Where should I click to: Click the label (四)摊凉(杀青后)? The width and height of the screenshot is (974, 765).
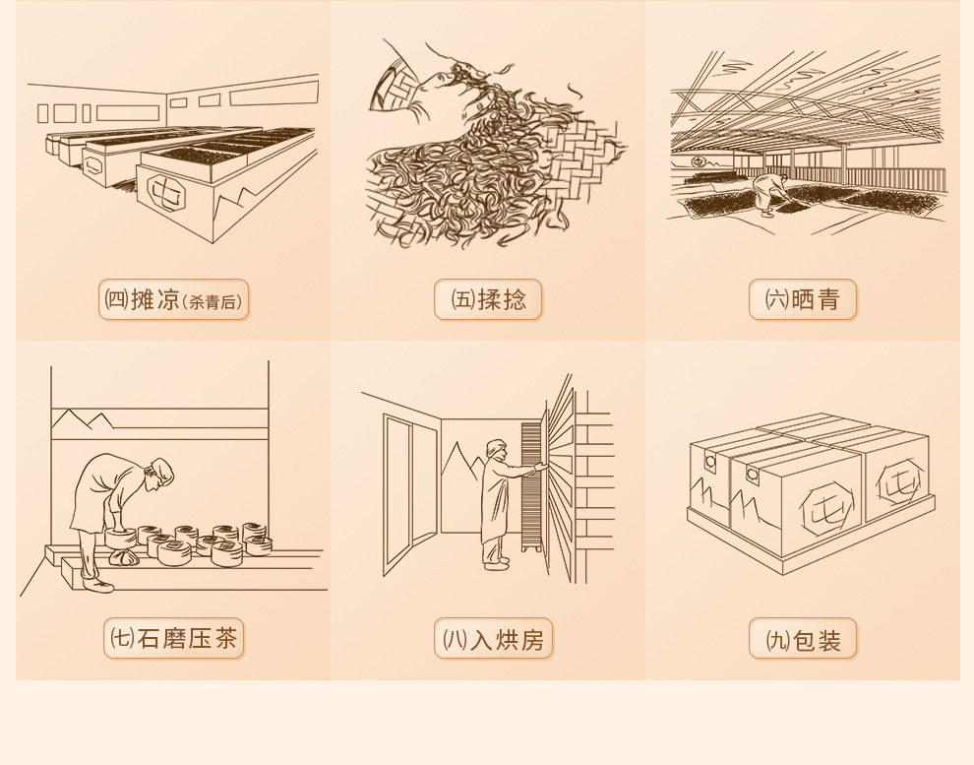[x=173, y=300]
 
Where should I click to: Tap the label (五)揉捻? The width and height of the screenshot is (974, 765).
[x=488, y=300]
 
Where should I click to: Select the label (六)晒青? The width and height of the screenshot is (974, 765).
[x=803, y=300]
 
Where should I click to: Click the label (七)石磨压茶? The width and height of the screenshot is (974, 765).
[x=174, y=638]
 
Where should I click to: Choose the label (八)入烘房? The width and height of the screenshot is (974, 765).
[x=493, y=638]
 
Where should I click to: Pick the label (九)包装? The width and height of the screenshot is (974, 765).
[x=803, y=638]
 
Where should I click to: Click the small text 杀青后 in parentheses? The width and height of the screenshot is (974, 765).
[x=213, y=302]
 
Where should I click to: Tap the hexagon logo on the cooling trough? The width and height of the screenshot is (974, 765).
[x=167, y=193]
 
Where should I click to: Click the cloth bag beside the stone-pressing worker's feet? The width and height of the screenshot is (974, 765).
[x=123, y=557]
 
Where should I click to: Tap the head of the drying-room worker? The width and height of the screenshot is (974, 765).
[x=496, y=450]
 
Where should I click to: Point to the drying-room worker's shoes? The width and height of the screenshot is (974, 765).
[x=496, y=562]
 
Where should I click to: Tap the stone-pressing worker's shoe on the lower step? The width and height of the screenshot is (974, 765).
[x=97, y=584]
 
